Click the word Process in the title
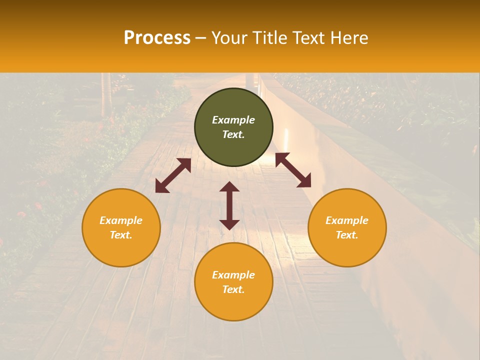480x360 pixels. (157, 38)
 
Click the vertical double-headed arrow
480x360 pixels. (229, 205)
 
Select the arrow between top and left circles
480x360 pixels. (173, 175)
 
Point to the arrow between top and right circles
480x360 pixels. (293, 170)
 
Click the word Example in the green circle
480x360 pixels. (233, 120)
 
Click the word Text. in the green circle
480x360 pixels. (233, 134)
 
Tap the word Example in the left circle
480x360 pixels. (121, 220)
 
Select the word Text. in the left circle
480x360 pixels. (121, 235)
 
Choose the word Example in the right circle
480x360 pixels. (347, 220)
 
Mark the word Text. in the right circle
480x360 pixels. (347, 235)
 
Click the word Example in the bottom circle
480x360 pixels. (233, 275)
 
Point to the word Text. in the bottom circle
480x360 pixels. (233, 289)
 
